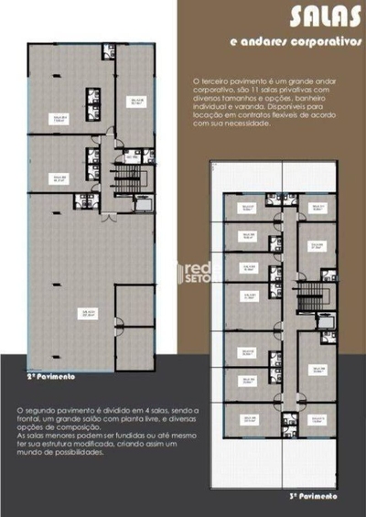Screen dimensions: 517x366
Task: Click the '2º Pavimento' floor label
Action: coord(51,375)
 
